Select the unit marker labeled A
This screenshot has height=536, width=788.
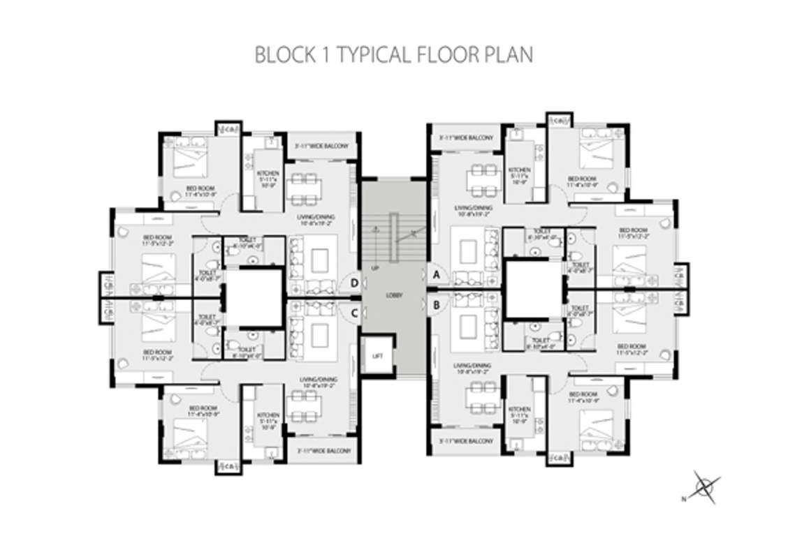tap(437, 274)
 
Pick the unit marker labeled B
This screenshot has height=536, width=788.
tap(437, 304)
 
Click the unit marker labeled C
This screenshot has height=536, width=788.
tap(354, 313)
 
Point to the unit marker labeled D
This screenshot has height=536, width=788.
tap(354, 283)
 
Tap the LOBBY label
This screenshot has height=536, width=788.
tap(394, 295)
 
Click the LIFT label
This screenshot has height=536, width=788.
tap(377, 356)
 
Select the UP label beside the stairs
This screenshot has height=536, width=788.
tap(376, 267)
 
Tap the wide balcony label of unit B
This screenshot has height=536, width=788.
tap(466, 441)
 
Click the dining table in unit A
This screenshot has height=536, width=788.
tap(483, 177)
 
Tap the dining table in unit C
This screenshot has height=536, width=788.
tap(304, 405)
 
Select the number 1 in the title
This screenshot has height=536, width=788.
tap(327, 54)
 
